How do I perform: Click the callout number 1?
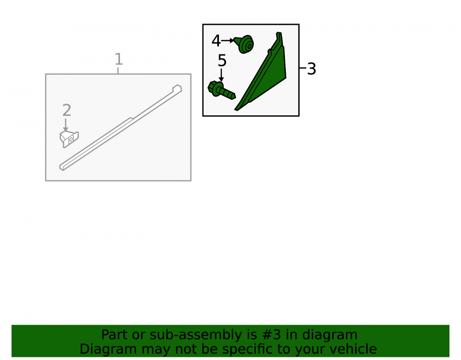pos(118,59)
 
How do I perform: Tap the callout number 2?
pos(67,111)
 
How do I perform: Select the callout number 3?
pos(311,69)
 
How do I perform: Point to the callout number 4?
pos(216,41)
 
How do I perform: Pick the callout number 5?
pos(222,61)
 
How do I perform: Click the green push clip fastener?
pos(244,44)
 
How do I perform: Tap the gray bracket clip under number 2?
pos(69,139)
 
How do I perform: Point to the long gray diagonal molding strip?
pos(120,128)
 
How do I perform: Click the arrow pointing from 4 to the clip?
pos(227,41)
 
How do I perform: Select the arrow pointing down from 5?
pos(221,75)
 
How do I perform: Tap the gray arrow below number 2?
pos(65,125)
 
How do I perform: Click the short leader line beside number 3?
pos(302,68)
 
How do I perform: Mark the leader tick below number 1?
pos(118,71)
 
